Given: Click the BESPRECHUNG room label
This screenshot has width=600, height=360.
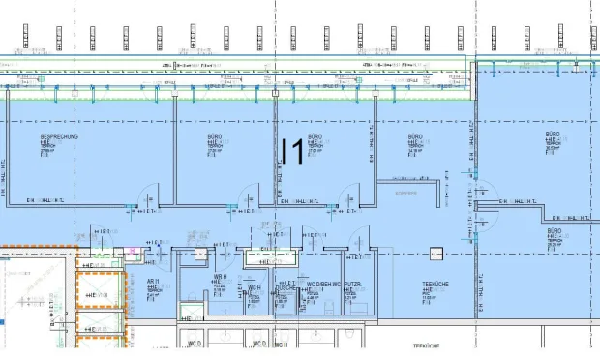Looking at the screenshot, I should (x=59, y=137).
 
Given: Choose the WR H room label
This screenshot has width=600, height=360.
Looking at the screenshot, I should (x=221, y=278).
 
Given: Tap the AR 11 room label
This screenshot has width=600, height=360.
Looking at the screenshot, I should (x=153, y=282).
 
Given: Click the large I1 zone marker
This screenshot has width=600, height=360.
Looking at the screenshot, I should (x=291, y=153).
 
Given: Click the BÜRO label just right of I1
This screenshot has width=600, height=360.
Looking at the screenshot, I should (x=315, y=137).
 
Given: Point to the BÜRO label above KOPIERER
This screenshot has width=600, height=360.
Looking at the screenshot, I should (x=415, y=137).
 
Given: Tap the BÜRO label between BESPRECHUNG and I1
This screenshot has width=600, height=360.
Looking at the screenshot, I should (x=215, y=137).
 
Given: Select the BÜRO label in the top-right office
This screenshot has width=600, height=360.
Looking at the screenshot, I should (x=552, y=134).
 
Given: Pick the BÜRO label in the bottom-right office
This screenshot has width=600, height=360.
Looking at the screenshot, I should (x=554, y=231).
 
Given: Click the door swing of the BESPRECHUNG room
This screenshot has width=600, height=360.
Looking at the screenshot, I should (x=145, y=194).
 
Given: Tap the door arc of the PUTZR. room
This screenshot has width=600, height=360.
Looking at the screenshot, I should (x=361, y=238).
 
